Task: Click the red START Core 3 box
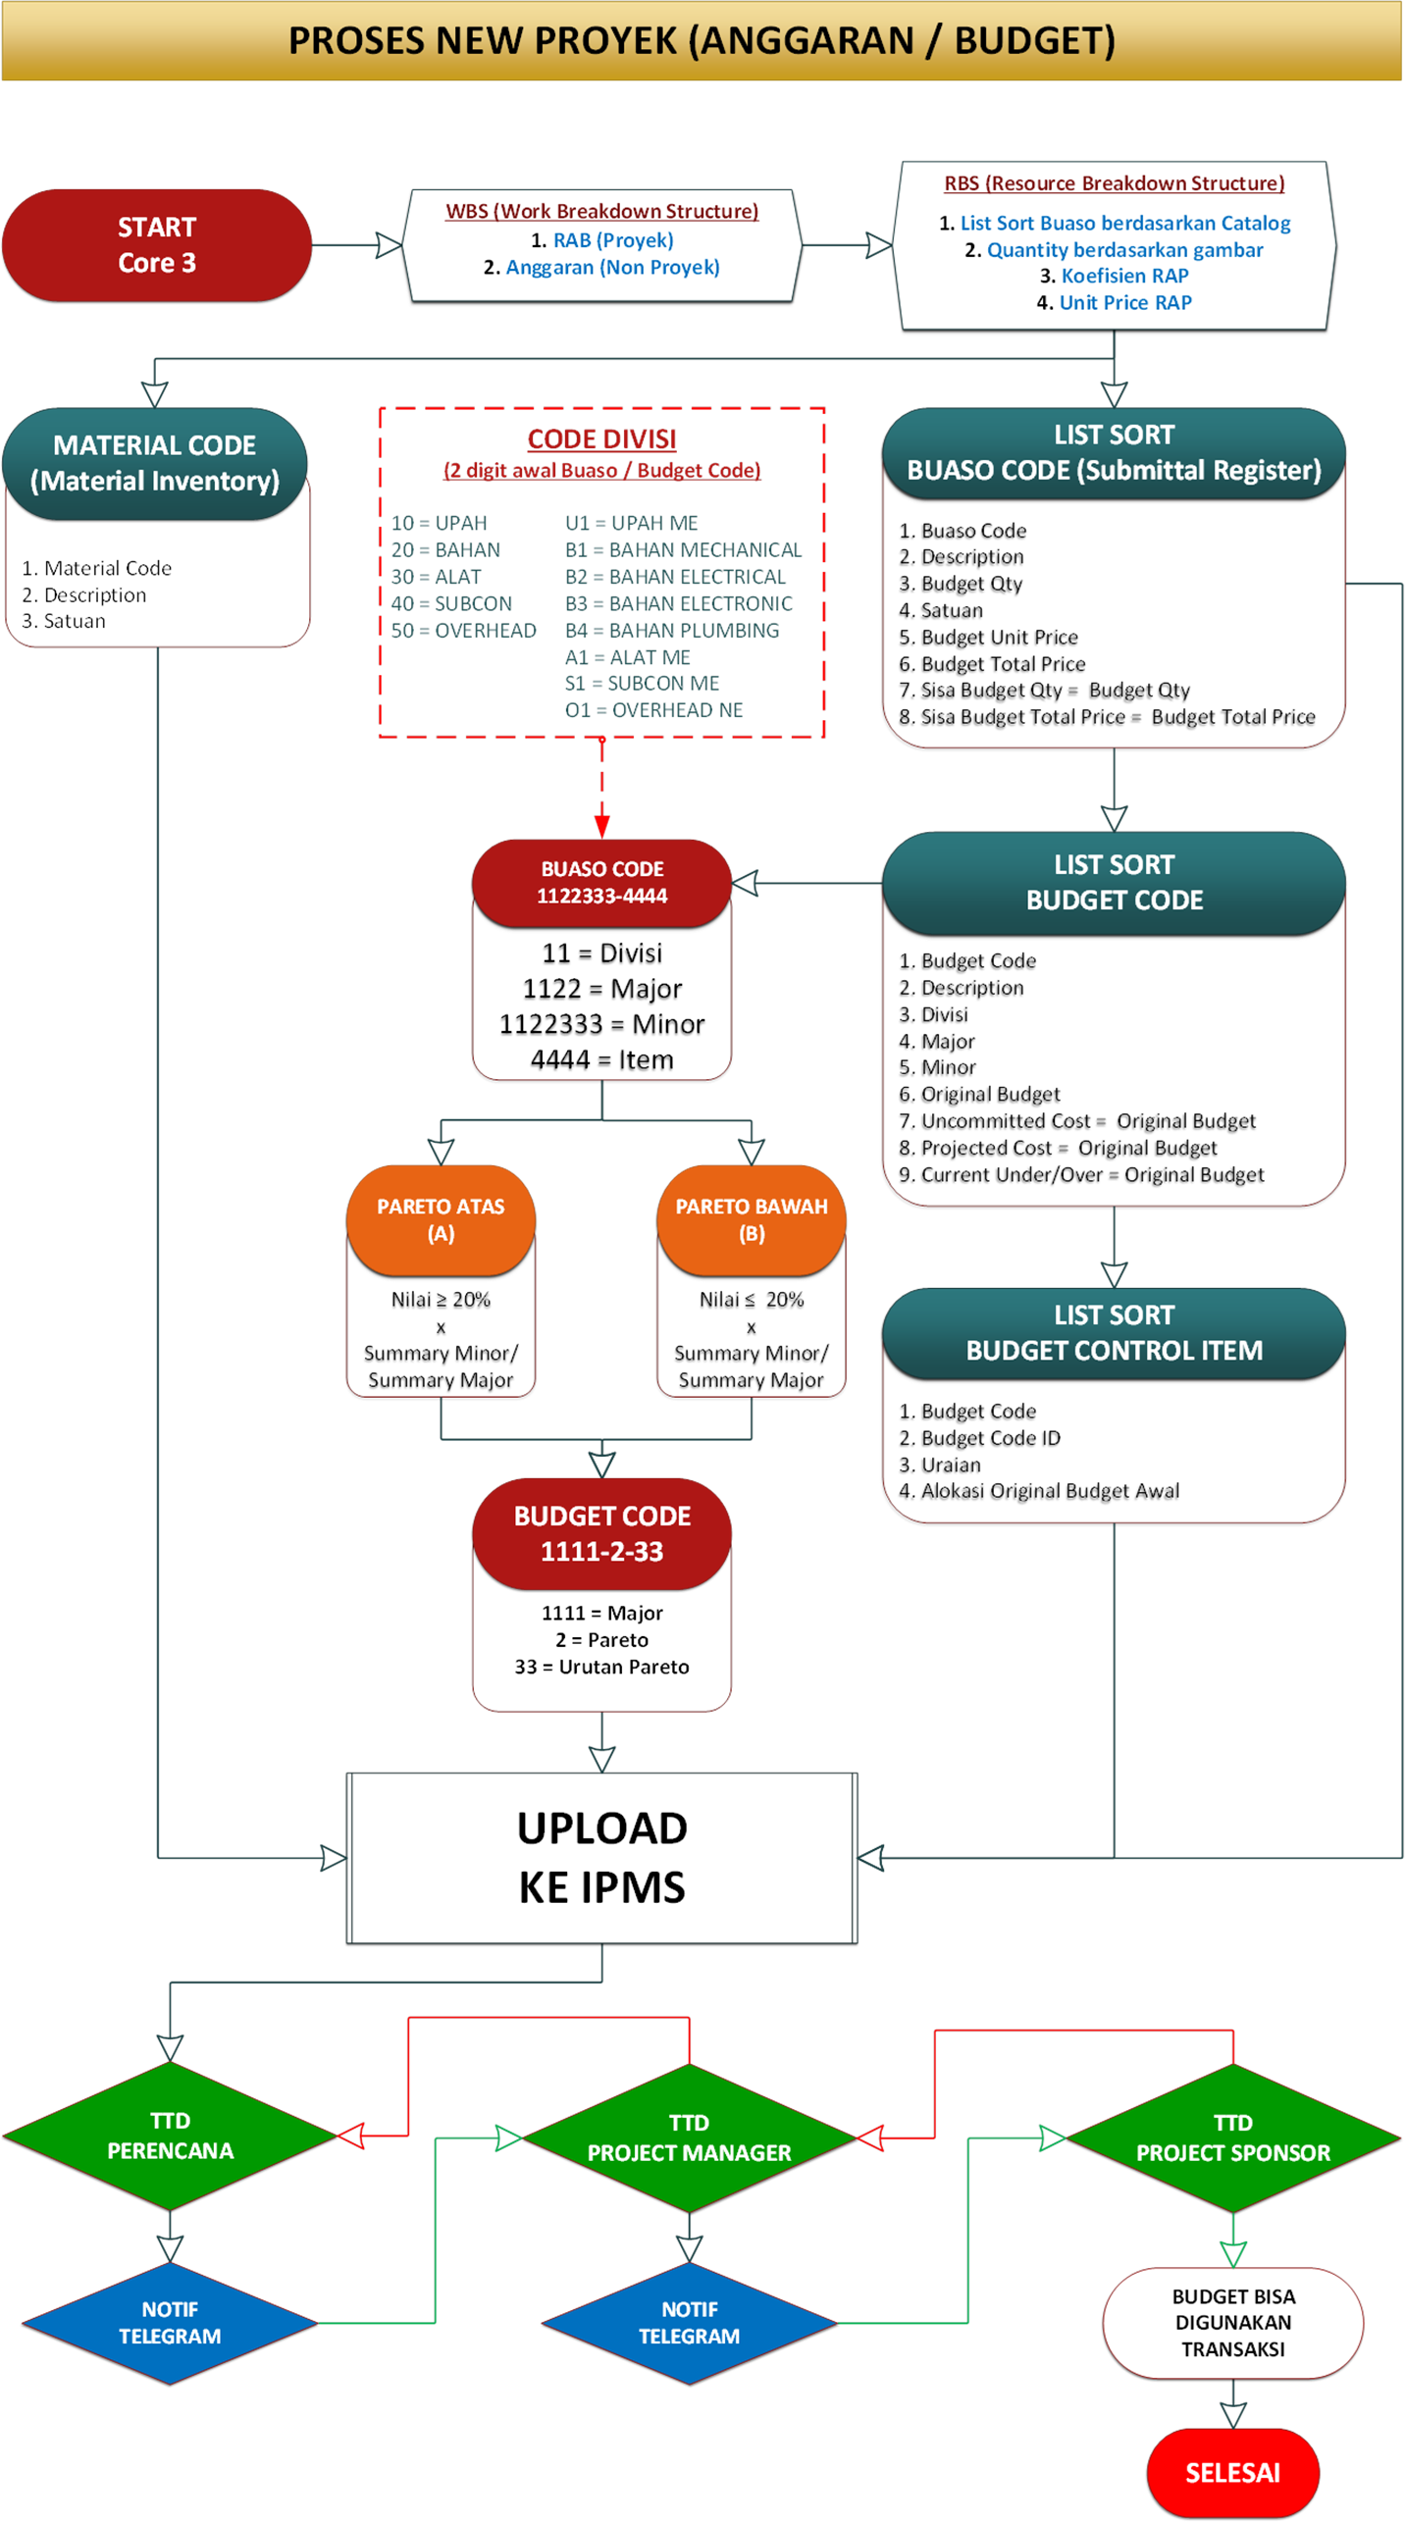click(x=157, y=245)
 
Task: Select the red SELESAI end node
click(x=1232, y=2472)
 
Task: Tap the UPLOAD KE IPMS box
click(x=602, y=1857)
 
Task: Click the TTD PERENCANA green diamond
click(x=170, y=2136)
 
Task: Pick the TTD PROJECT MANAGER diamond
click(x=689, y=2137)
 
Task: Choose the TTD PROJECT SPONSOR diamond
click(x=1232, y=2137)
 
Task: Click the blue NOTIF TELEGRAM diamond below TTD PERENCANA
click(x=170, y=2322)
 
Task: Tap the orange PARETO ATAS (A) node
click(x=441, y=1219)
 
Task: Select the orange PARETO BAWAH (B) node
click(x=752, y=1219)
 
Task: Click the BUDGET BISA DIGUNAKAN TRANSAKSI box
click(x=1232, y=2322)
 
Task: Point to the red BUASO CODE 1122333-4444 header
click(x=602, y=882)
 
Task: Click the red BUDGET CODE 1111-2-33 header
click(x=602, y=1533)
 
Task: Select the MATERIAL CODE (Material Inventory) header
click(x=155, y=463)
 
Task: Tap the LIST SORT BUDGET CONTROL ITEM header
click(x=1114, y=1332)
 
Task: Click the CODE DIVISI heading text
click(x=601, y=438)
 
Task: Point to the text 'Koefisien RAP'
click(x=1124, y=276)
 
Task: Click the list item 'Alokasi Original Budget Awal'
click(x=1050, y=1491)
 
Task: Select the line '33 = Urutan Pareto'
click(x=602, y=1667)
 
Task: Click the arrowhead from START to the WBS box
click(x=390, y=245)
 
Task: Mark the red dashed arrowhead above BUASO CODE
click(x=602, y=825)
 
